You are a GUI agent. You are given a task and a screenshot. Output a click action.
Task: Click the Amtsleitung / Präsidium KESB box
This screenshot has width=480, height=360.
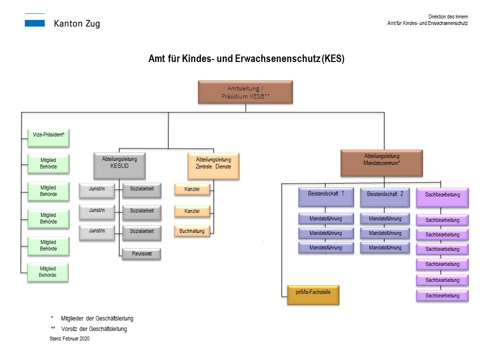point(245,92)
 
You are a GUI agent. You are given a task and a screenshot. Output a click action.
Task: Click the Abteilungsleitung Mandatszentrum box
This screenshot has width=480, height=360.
point(381,162)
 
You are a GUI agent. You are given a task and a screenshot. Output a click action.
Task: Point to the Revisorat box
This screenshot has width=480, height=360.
point(141,253)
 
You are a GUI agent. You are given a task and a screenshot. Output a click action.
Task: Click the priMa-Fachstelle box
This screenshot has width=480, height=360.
point(313,294)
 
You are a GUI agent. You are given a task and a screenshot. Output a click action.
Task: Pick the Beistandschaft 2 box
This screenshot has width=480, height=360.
point(384,197)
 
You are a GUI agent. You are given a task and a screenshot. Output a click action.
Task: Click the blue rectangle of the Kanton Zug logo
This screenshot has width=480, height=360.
point(34,23)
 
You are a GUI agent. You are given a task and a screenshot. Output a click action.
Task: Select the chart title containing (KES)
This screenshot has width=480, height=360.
point(246,58)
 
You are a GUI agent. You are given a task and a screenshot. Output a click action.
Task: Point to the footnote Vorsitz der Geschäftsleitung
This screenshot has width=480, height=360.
point(94,329)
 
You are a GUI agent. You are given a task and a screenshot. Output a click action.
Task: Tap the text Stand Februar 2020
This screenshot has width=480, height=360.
point(69,338)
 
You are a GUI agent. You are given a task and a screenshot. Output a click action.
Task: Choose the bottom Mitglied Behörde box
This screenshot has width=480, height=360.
point(48,272)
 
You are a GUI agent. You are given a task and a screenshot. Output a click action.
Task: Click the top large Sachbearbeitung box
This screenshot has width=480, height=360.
point(442,197)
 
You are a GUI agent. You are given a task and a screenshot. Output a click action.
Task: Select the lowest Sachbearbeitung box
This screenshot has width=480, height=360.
point(442,295)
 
